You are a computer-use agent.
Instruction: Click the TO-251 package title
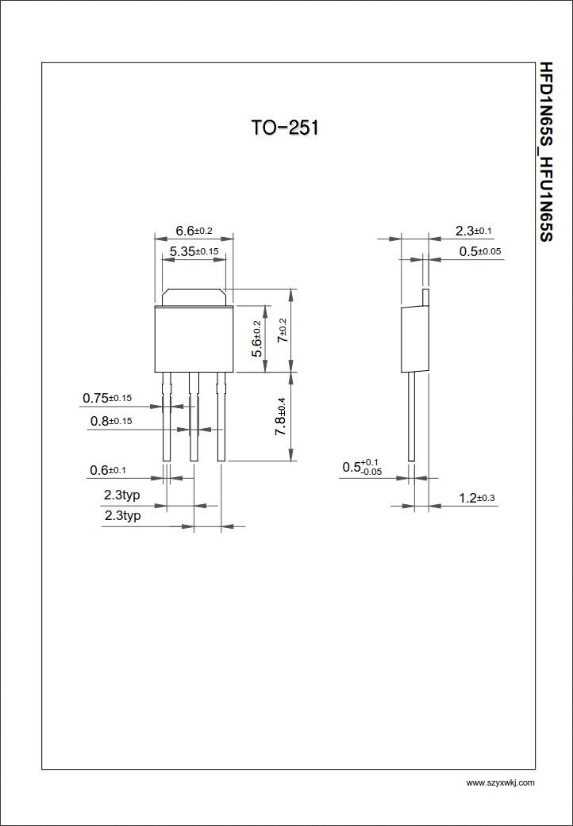point(284,128)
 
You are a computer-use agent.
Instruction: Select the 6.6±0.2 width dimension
point(194,231)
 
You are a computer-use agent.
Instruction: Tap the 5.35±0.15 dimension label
point(194,251)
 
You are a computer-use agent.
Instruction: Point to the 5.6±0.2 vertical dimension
point(256,338)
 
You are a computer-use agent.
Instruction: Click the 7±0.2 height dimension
point(283,331)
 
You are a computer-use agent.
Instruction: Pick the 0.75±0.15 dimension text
point(107,398)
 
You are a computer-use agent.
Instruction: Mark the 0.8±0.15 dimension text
point(111,421)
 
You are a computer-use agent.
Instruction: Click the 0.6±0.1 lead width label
point(108,470)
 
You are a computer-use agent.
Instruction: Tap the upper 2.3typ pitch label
point(122,495)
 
